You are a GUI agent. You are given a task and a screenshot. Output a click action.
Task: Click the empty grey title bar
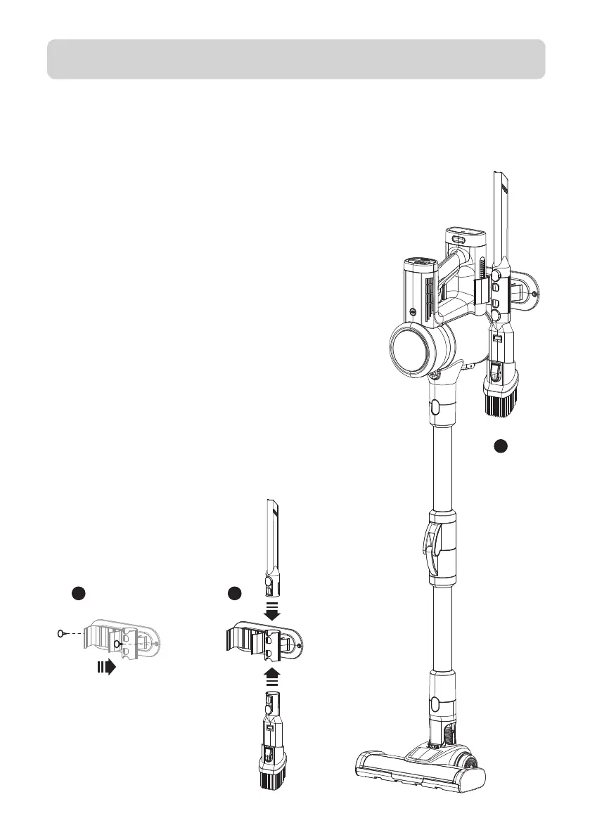click(295, 59)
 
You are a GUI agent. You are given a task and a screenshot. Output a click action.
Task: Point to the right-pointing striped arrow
click(106, 667)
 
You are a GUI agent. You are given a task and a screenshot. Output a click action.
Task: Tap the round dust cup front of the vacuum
click(412, 349)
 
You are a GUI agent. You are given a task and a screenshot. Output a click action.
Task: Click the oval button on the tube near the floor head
click(434, 703)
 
